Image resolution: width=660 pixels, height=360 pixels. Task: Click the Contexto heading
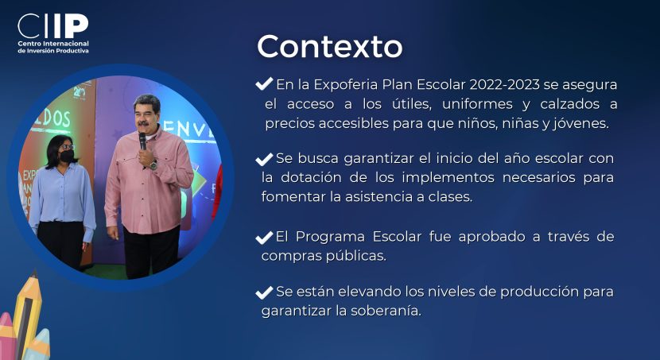329,46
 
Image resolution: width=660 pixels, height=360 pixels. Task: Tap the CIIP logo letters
53,26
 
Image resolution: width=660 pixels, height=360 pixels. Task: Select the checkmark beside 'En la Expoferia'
264,83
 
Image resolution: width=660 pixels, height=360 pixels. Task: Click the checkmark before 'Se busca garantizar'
264,159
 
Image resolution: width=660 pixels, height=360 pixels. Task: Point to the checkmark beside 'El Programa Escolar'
264,238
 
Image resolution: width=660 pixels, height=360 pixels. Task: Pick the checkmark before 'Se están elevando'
264,292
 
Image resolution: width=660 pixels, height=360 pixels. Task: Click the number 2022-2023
504,84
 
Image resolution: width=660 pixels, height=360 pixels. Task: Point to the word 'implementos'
448,178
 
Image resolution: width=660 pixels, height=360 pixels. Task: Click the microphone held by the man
142,141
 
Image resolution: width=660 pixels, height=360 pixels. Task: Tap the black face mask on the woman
67,156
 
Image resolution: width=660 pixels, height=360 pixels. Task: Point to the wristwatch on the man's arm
153,165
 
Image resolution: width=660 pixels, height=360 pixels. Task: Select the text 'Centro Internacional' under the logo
53,44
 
